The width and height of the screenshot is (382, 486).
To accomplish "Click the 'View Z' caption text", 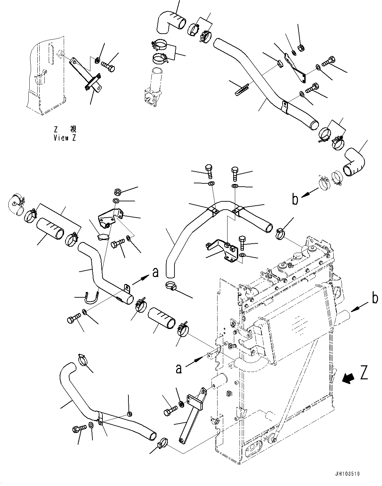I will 65,138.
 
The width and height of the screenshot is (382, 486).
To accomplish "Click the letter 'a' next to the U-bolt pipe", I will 155,273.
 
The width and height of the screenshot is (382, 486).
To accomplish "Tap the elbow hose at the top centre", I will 170,21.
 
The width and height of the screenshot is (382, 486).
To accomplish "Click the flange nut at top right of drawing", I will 300,48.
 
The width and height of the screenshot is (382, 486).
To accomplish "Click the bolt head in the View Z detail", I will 110,65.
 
